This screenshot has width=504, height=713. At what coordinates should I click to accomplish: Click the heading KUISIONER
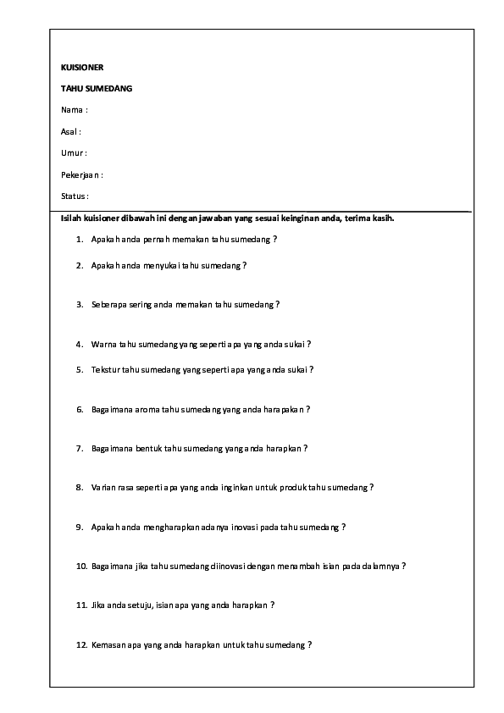(x=82, y=67)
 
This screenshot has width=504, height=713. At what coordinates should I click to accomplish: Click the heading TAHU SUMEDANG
(x=97, y=88)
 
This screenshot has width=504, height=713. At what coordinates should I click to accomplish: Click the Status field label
(x=75, y=196)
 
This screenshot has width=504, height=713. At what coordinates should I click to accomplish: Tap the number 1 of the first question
(x=80, y=240)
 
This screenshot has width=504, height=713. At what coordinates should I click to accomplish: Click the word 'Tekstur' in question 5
(x=106, y=369)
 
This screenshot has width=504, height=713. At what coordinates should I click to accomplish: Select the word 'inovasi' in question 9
(x=230, y=527)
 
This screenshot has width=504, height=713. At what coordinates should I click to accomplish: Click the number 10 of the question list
(x=81, y=566)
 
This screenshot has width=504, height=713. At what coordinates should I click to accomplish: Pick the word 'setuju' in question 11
(x=141, y=605)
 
